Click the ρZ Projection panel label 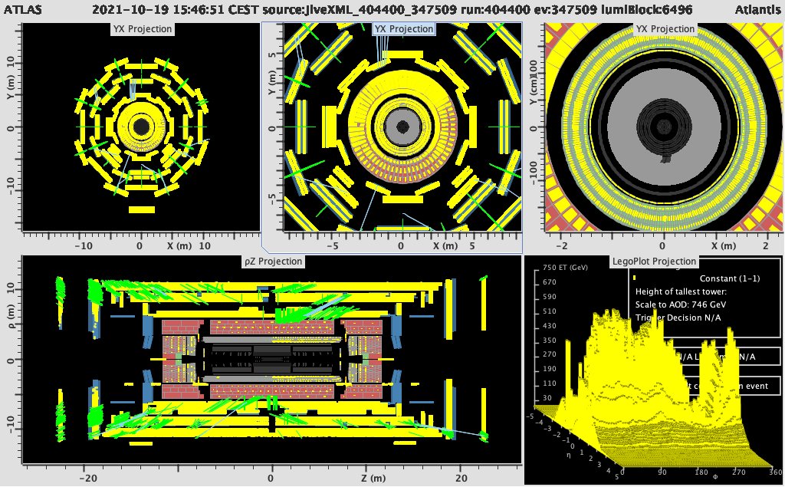click(271, 262)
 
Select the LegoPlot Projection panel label click(654, 262)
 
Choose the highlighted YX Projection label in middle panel click(403, 29)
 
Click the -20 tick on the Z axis click(90, 477)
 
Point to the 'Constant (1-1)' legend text click(732, 279)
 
